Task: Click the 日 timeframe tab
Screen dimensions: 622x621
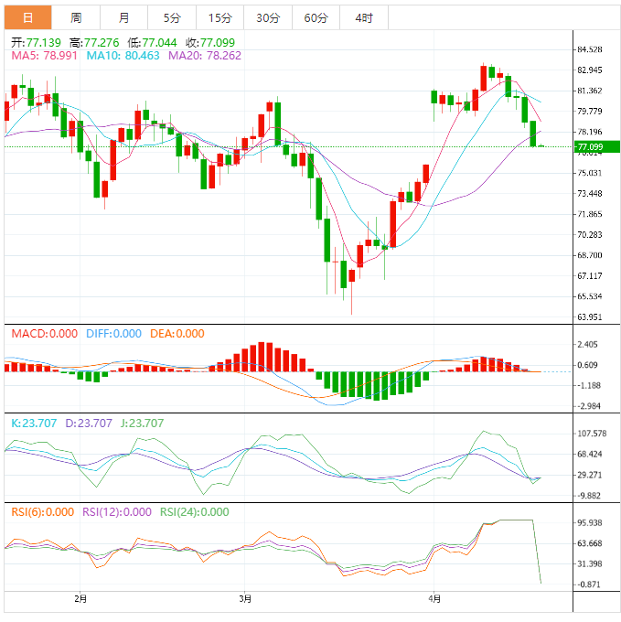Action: coord(27,17)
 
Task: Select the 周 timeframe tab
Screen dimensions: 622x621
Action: coord(76,17)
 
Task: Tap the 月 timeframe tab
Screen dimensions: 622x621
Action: coord(123,17)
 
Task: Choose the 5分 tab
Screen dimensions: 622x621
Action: coord(172,17)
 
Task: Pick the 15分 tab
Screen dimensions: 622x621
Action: coord(219,17)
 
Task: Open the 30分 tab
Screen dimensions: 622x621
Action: coord(268,17)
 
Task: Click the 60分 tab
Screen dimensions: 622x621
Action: coord(316,17)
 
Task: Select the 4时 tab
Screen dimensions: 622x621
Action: coord(363,17)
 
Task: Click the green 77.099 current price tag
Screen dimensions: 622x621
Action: coord(595,146)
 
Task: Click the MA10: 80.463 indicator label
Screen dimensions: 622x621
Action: coord(123,56)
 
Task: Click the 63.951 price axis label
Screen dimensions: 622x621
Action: coord(589,316)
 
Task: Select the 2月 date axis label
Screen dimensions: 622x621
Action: coord(80,599)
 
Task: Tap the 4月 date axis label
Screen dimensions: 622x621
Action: coord(435,599)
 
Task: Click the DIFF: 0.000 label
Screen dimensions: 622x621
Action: coord(113,334)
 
